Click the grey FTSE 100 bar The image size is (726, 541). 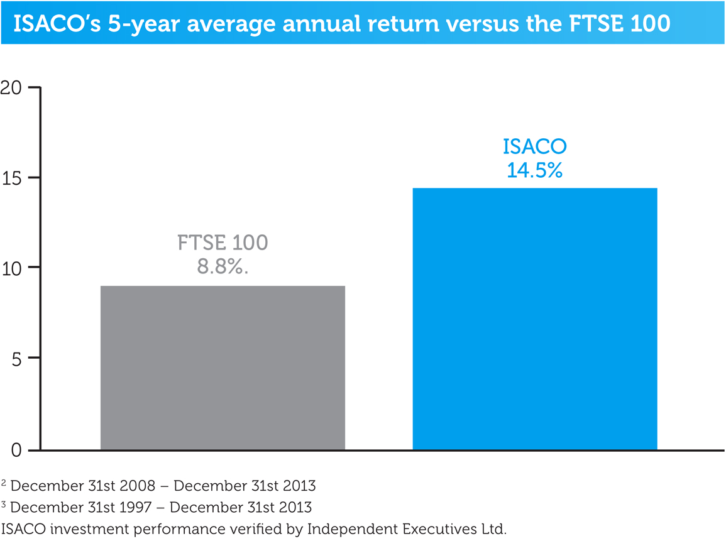[x=223, y=368]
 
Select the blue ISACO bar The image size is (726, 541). [x=535, y=319]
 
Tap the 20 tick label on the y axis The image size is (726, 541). [x=11, y=87]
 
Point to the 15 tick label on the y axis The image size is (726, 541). [x=12, y=178]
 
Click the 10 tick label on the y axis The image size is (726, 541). [x=12, y=268]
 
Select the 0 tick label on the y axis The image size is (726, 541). [x=17, y=450]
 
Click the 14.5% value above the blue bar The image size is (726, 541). [x=535, y=170]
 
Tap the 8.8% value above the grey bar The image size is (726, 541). [x=223, y=266]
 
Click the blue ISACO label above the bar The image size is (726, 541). [x=535, y=146]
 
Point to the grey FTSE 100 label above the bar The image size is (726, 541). [x=223, y=243]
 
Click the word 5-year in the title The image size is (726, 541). [x=144, y=24]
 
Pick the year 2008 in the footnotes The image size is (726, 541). [x=138, y=486]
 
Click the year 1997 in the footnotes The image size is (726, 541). [x=134, y=507]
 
